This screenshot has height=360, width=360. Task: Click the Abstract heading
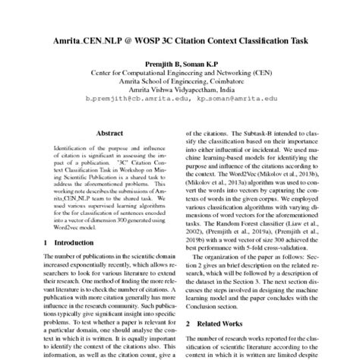pyautogui.click(x=98, y=131)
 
